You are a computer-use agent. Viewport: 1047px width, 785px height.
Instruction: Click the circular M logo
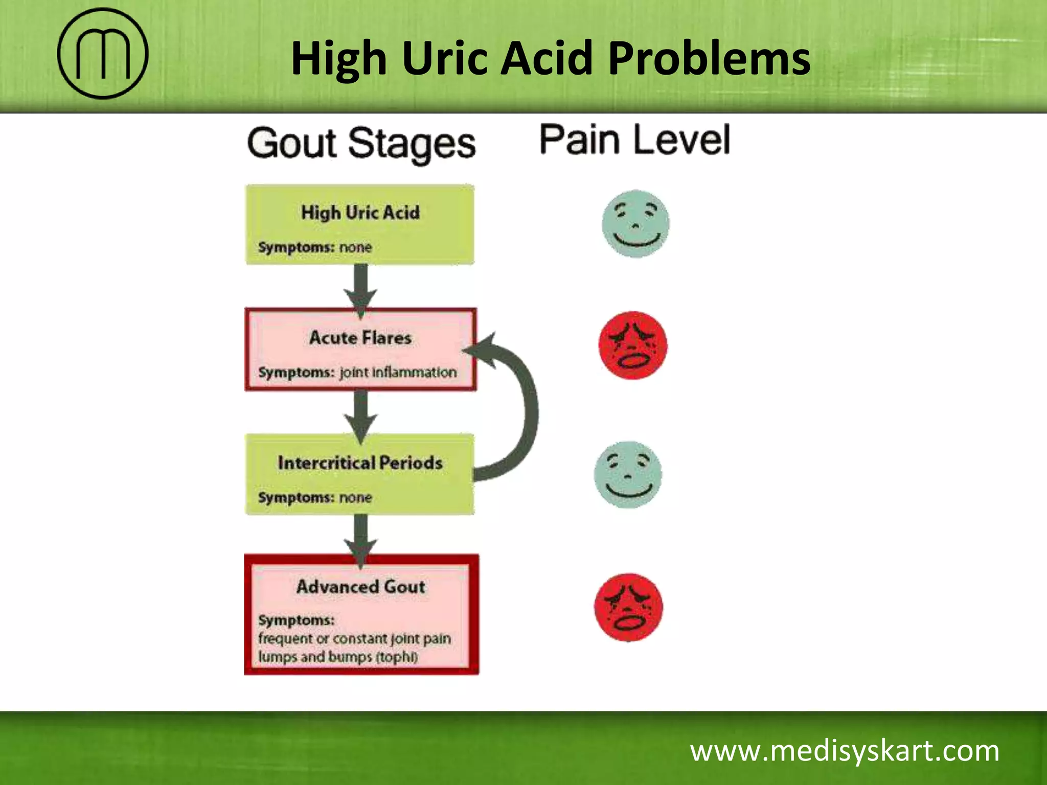pyautogui.click(x=102, y=53)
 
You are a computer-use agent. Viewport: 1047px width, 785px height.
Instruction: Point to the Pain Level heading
pyautogui.click(x=635, y=140)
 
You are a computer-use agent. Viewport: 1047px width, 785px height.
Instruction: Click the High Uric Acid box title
pyautogui.click(x=360, y=212)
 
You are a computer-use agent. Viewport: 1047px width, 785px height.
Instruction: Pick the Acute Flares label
pyautogui.click(x=360, y=338)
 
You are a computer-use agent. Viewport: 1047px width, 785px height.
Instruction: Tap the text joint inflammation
pyautogui.click(x=398, y=372)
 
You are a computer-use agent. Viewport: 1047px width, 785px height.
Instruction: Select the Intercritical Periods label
pyautogui.click(x=360, y=463)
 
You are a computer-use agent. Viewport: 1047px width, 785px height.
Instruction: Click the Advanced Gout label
pyautogui.click(x=360, y=587)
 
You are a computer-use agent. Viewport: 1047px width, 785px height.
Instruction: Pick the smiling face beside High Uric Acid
pyautogui.click(x=635, y=224)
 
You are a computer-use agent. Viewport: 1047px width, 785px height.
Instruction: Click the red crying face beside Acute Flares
pyautogui.click(x=633, y=345)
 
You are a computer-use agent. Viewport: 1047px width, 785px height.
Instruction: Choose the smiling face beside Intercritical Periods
pyautogui.click(x=628, y=474)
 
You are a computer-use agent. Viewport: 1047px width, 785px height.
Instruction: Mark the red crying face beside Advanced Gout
pyautogui.click(x=628, y=607)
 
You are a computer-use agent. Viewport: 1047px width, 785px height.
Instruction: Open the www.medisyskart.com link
pyautogui.click(x=845, y=751)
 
